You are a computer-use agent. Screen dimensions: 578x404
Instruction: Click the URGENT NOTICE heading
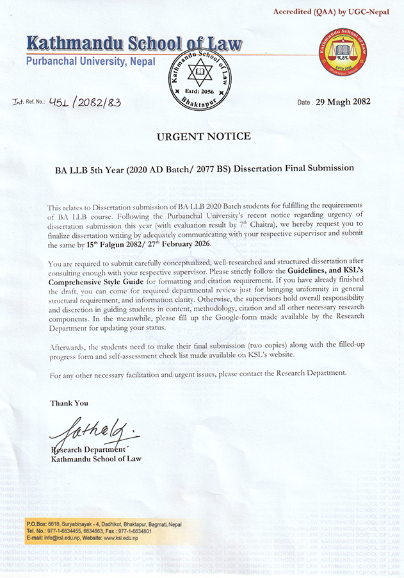click(204, 136)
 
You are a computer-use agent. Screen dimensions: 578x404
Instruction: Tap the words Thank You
click(69, 403)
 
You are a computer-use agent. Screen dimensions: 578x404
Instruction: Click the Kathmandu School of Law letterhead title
click(134, 44)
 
